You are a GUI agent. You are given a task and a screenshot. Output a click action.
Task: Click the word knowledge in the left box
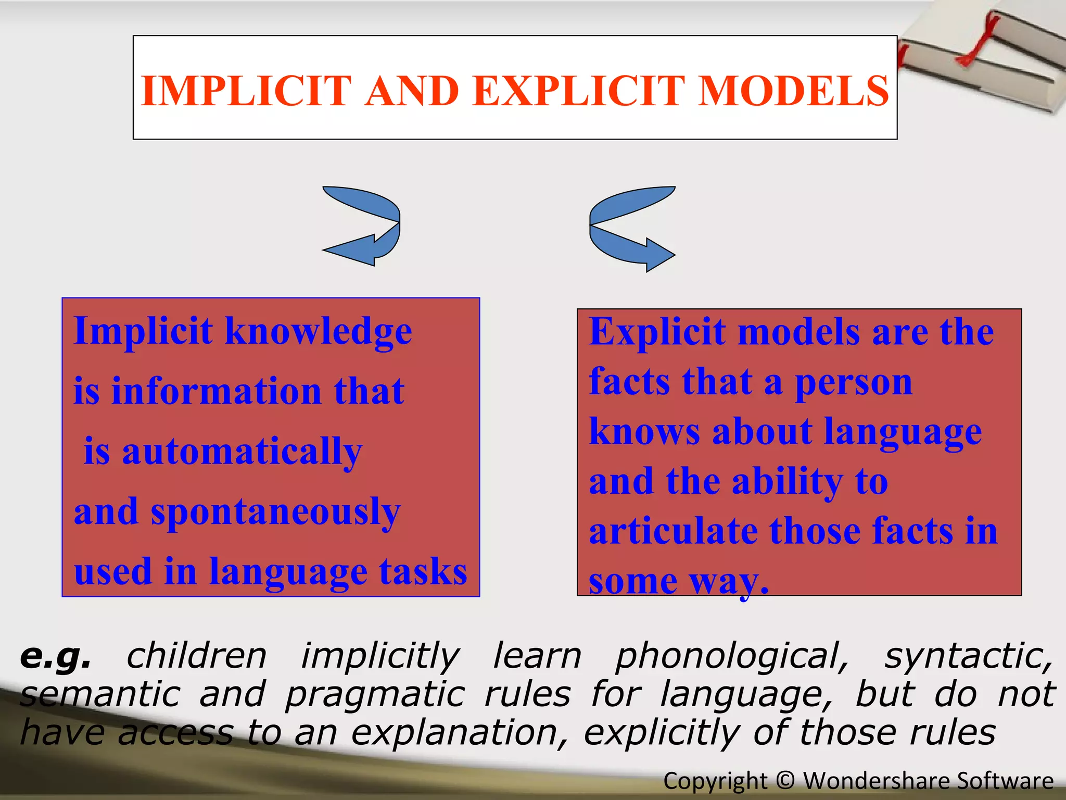(x=319, y=332)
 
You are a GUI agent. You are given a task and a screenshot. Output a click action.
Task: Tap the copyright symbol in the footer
(x=785, y=781)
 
